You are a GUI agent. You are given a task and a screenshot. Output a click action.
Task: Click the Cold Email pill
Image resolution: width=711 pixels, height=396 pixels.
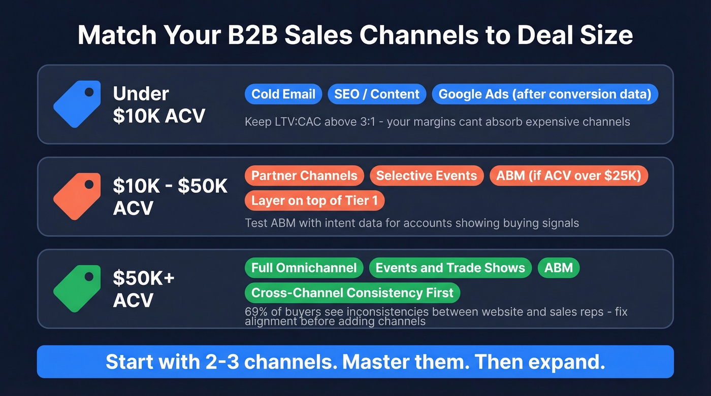point(283,94)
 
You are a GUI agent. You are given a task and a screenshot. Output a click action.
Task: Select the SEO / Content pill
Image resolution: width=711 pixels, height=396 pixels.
point(376,94)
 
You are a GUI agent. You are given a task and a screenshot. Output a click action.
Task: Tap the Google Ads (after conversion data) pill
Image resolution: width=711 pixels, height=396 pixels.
point(545,94)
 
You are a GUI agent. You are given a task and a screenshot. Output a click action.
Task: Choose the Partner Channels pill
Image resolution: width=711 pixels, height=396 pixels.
point(304,176)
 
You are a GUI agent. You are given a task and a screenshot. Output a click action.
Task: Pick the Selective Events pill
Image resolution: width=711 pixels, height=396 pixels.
point(427,176)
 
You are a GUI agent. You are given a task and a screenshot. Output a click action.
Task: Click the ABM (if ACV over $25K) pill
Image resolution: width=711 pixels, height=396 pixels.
point(569,176)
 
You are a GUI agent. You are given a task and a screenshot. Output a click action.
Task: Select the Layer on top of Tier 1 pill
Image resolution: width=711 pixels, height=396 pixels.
point(314,201)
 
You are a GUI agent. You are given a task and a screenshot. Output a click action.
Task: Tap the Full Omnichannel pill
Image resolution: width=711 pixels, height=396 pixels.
point(304,268)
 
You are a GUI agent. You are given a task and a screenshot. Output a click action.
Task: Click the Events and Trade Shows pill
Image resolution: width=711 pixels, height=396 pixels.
point(450,268)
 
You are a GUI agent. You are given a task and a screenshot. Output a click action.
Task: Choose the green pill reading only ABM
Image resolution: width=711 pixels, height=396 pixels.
point(558,268)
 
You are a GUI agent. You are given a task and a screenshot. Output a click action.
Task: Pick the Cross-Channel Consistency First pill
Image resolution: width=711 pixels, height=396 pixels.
point(352,293)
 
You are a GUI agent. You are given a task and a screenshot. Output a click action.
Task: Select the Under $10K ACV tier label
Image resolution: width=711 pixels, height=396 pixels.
point(158,104)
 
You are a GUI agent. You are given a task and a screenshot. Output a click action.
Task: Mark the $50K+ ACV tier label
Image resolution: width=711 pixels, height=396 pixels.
point(143,289)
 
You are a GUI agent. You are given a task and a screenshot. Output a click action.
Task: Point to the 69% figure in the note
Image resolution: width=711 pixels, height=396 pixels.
point(256,311)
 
